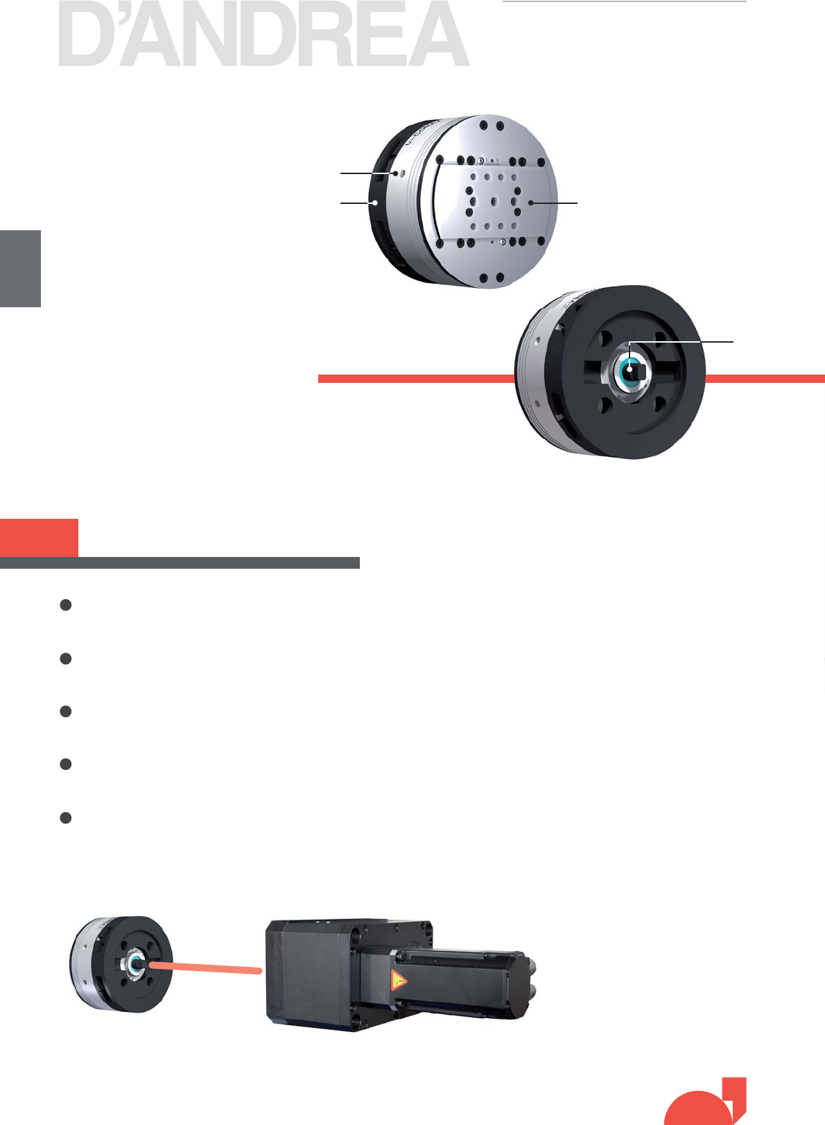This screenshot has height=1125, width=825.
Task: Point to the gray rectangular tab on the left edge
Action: tap(20, 268)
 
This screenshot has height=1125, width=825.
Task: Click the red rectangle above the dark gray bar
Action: tap(39, 538)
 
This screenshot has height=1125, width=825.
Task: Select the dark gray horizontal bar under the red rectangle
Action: tap(180, 562)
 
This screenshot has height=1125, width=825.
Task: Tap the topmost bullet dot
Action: tap(65, 605)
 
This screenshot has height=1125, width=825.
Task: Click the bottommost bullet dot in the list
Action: tap(65, 818)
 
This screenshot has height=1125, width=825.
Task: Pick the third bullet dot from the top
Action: tap(65, 712)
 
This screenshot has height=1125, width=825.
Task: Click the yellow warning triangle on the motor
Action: tap(398, 980)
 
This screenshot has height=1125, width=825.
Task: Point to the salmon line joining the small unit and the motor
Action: tap(206, 967)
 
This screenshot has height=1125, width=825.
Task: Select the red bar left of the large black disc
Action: tap(417, 379)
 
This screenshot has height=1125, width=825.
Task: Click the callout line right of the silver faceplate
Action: tap(554, 203)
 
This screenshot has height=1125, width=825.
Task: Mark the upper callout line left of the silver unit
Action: tap(368, 173)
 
